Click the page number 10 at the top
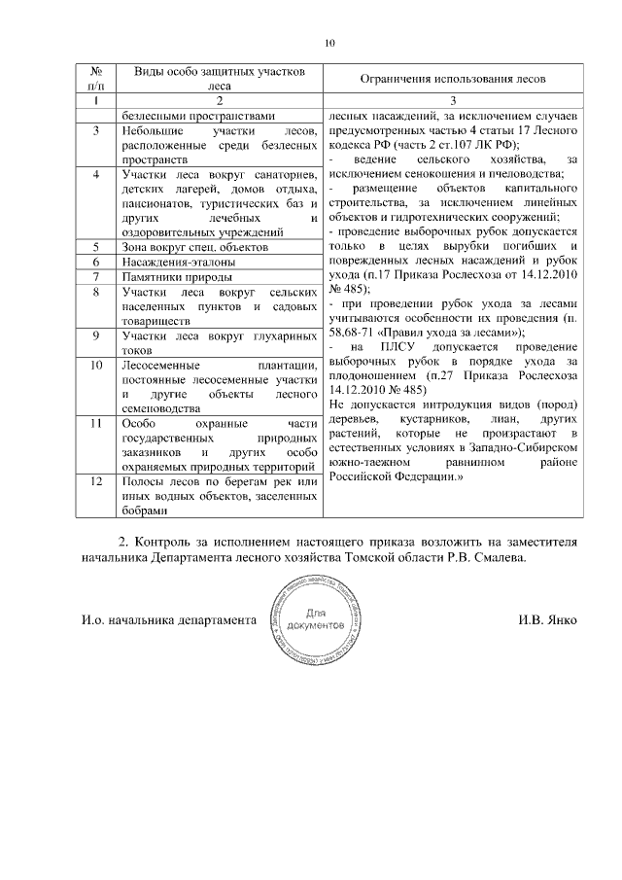pos(329,44)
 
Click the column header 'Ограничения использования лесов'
pos(453,78)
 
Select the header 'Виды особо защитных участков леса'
pos(219,78)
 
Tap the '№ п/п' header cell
pos(96,78)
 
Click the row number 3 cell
pos(96,130)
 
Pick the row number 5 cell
pos(96,247)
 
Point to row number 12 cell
pos(96,483)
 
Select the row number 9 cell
pos(96,335)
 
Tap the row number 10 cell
pos(96,365)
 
